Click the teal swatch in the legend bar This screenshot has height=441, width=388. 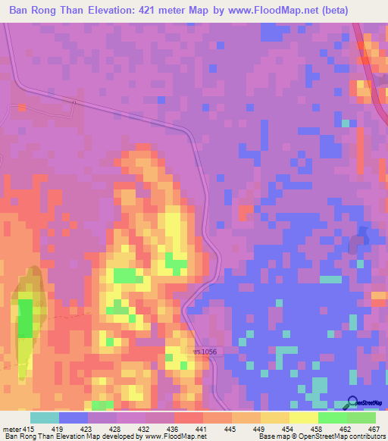(44, 418)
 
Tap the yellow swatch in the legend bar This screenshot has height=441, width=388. (303, 418)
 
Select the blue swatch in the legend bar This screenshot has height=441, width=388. (73, 418)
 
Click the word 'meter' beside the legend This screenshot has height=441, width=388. (10, 430)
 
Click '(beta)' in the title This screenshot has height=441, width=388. (361, 11)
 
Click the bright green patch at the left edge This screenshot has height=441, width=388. (25, 318)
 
